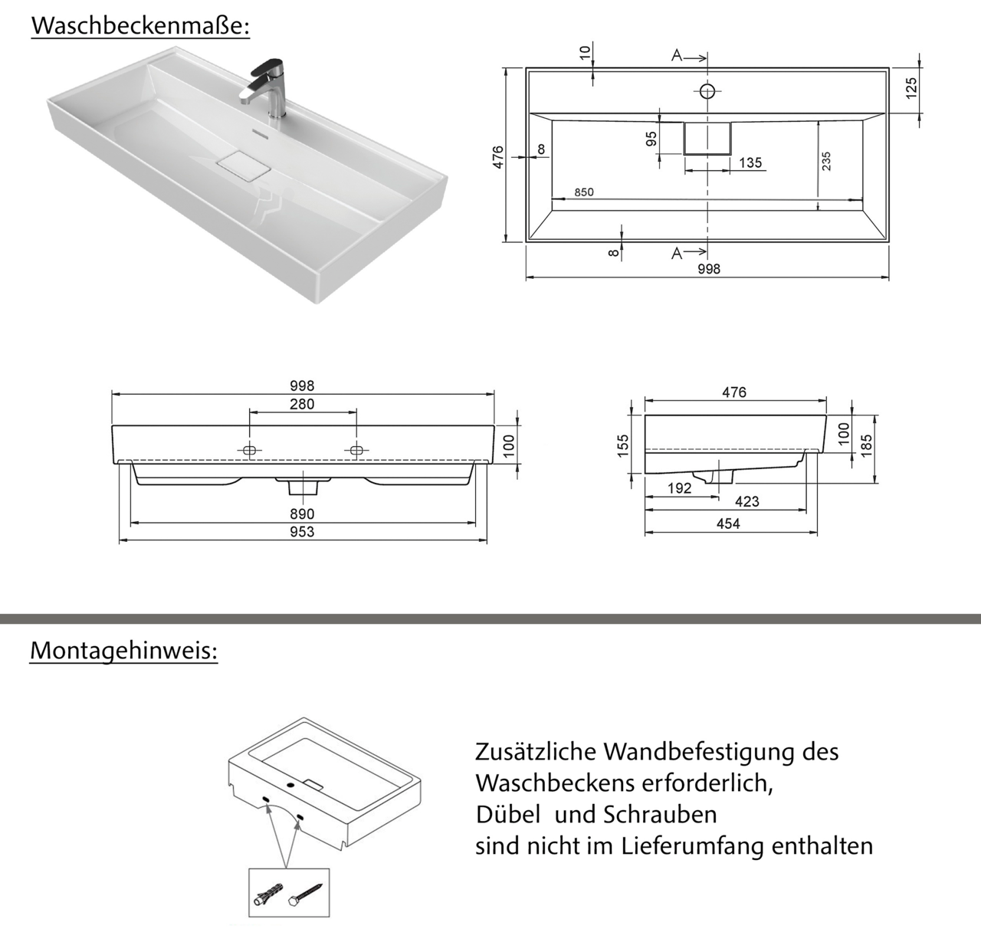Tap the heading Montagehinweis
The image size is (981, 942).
click(x=123, y=651)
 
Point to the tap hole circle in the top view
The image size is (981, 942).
click(x=707, y=92)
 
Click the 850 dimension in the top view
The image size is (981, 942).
click(x=583, y=192)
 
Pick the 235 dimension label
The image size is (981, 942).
click(x=826, y=161)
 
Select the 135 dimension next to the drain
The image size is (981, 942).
click(x=750, y=162)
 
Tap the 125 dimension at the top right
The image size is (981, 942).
click(x=911, y=88)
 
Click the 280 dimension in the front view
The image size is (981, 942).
click(x=302, y=404)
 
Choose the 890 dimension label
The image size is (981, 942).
click(x=302, y=514)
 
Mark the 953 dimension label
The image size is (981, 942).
click(x=302, y=532)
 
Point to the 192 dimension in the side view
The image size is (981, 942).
click(x=679, y=488)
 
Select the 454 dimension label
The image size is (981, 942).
click(x=728, y=524)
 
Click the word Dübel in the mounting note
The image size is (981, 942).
click(x=507, y=814)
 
